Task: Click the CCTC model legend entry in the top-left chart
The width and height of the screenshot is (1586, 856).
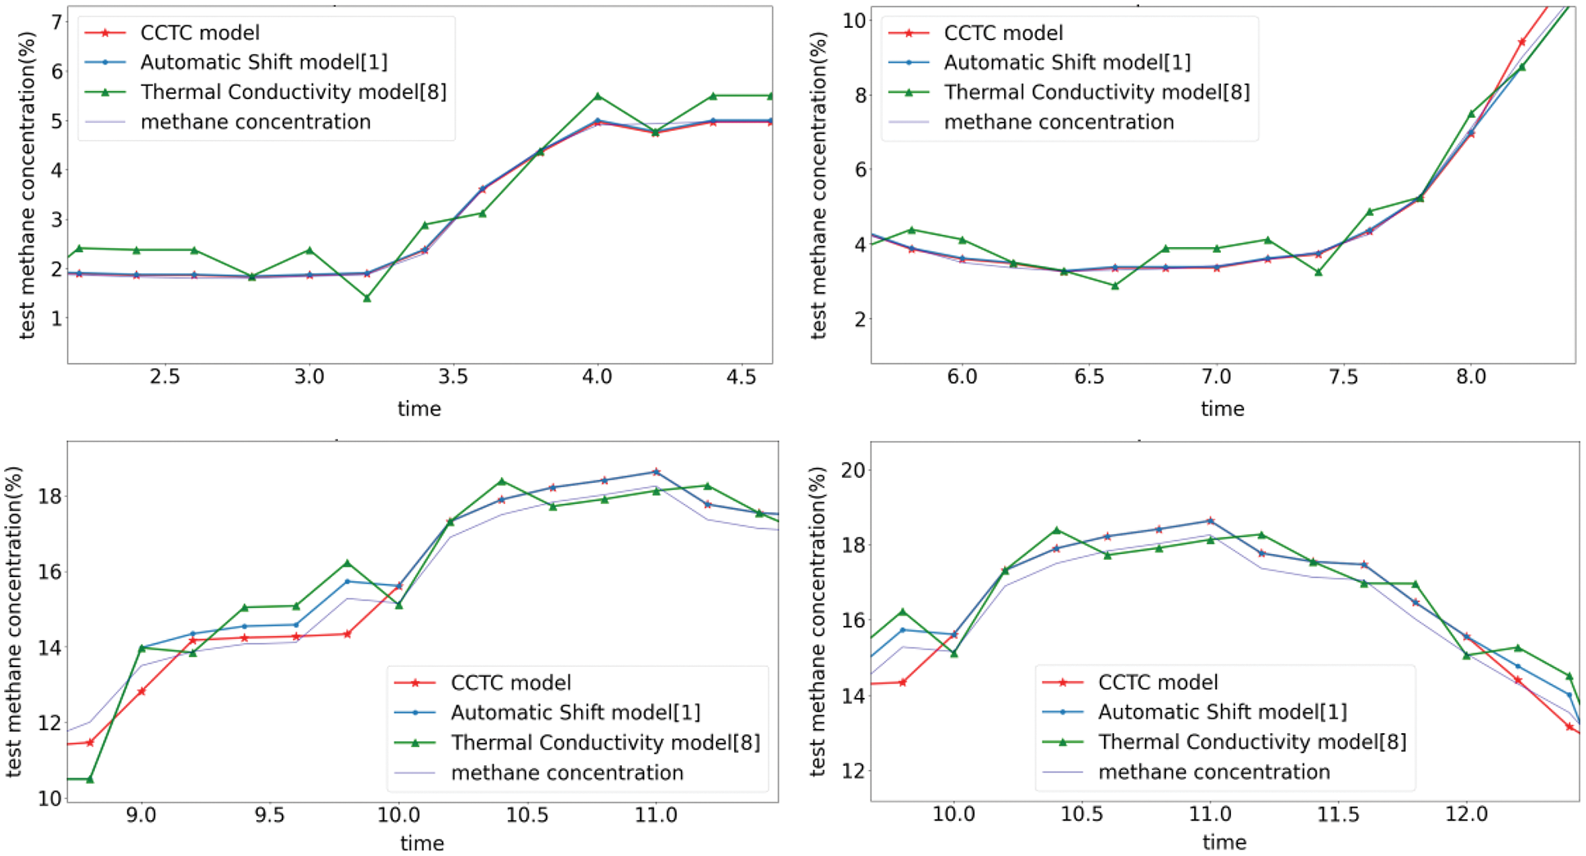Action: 200,33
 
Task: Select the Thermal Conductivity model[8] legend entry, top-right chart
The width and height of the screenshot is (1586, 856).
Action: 1097,92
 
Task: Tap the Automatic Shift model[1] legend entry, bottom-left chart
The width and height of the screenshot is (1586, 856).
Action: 575,712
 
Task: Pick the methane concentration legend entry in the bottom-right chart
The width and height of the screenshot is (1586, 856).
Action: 1214,772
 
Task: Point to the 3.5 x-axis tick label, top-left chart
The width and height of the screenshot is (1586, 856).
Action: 453,376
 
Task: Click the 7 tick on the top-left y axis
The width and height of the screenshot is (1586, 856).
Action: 56,22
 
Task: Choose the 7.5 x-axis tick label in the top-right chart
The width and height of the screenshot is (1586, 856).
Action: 1343,376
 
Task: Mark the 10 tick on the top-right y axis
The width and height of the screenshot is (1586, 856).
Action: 854,20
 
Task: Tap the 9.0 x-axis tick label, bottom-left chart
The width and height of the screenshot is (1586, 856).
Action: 142,815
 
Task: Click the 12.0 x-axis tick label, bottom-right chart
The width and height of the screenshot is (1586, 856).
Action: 1466,814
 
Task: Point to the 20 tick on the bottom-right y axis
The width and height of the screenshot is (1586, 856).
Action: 854,470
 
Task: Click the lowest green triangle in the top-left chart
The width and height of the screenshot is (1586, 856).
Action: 367,299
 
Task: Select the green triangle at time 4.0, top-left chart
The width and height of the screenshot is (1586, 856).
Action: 597,97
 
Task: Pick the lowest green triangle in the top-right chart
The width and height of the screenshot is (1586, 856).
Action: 1115,286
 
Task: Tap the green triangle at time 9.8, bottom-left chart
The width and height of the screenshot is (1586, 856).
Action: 347,563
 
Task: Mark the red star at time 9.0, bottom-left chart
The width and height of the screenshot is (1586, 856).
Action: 142,692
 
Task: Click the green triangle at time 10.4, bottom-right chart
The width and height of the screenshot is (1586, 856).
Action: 1057,530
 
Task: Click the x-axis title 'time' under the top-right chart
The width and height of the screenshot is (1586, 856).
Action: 1222,408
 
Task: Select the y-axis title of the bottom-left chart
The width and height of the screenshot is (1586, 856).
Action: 13,621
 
